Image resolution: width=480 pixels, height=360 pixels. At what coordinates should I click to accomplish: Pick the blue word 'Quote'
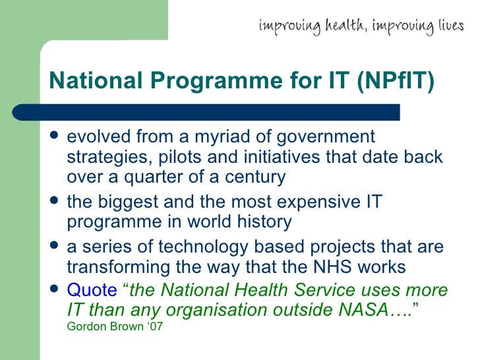click(92, 290)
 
